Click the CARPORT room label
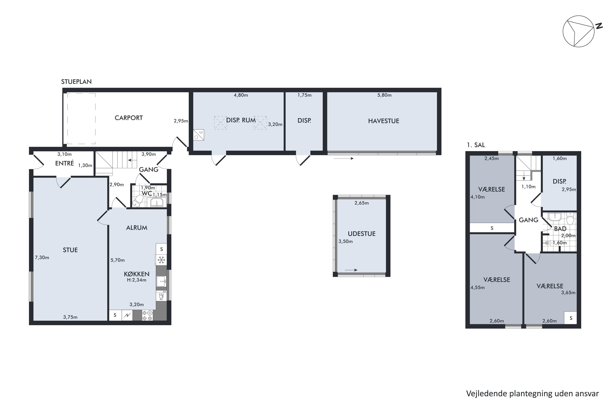129,118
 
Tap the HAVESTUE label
384,121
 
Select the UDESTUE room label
361,234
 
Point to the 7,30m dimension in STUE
42,258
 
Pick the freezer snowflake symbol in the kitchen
161,260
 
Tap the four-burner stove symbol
147,315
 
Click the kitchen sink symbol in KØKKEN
161,281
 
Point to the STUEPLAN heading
76,82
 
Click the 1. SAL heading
476,145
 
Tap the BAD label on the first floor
560,229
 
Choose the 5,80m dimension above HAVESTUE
384,95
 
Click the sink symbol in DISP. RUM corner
198,135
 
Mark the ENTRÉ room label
64,163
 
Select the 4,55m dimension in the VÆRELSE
478,287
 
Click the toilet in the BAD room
570,219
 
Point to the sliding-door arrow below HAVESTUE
344,159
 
